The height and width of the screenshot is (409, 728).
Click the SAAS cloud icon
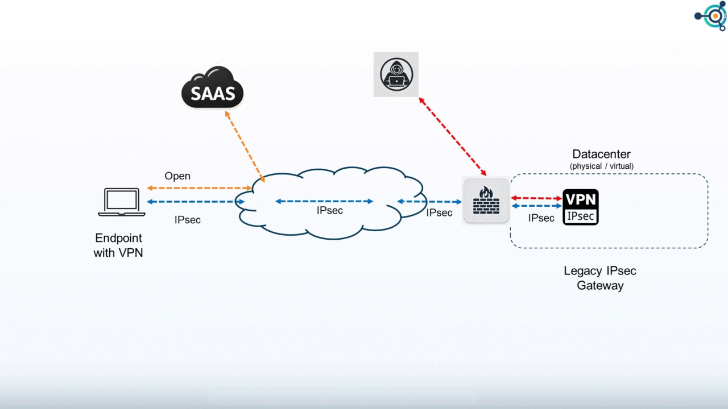212,88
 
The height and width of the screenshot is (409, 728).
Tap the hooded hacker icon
396,74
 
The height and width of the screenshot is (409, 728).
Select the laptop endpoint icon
122,202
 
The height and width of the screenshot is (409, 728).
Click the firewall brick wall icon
486,201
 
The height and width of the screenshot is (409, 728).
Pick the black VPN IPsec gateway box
580,207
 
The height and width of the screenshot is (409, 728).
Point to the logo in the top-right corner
712,16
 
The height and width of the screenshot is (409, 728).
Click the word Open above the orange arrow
177,176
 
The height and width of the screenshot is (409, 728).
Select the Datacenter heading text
601,154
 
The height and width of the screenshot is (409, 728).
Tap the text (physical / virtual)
601,166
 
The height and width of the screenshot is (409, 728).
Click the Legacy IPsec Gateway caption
600,278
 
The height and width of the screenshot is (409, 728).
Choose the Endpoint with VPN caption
118,245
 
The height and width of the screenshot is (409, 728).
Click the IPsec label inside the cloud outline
330,211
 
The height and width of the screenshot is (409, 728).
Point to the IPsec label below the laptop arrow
188,219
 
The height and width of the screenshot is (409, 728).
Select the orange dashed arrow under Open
199,188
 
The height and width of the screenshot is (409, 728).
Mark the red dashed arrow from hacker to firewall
453,136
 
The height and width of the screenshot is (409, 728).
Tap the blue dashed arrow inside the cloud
324,201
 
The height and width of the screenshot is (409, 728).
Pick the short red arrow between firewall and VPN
536,198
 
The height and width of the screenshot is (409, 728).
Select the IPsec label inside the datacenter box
541,218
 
